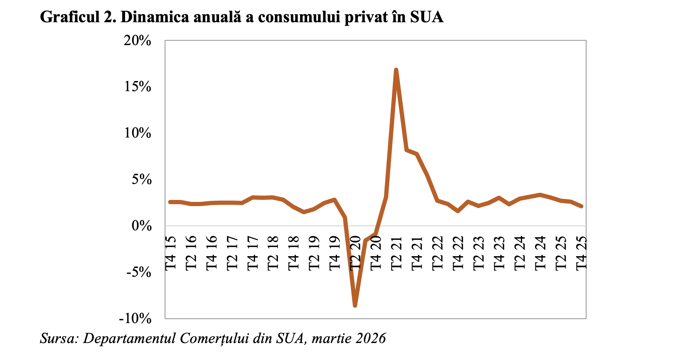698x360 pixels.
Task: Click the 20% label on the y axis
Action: point(137,41)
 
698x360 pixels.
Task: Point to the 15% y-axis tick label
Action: point(137,87)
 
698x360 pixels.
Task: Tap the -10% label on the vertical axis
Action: point(135,319)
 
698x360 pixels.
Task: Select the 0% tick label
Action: point(141,226)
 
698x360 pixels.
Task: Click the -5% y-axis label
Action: point(139,272)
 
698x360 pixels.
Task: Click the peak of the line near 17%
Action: point(396,70)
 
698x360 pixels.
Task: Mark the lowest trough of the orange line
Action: point(355,305)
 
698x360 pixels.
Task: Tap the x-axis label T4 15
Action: point(171,253)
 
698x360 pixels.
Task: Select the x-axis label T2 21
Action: point(396,253)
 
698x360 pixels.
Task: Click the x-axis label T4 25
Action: point(581,253)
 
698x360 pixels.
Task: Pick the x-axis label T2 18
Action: point(273,253)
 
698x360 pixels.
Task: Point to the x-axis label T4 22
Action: point(458,253)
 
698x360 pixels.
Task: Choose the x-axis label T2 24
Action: point(520,253)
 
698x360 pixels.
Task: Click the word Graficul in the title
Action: point(70,17)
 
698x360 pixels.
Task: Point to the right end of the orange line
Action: point(581,206)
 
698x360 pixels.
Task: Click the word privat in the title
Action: point(366,17)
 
